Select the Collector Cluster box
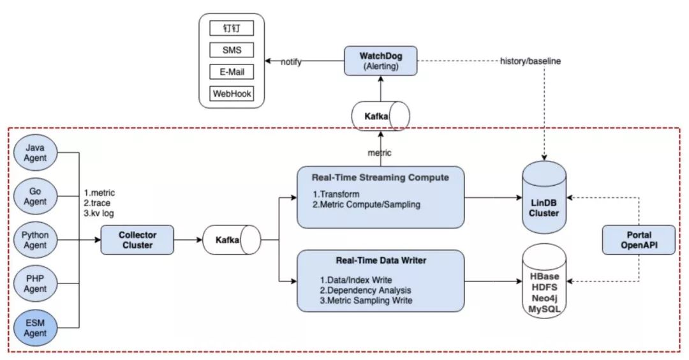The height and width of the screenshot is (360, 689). coord(137,241)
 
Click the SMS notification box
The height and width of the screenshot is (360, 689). coord(231,50)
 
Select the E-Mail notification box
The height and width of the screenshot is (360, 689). coord(231,72)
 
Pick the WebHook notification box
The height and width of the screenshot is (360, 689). coord(231,94)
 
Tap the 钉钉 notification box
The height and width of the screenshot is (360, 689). coord(231,28)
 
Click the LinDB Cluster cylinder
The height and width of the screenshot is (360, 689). coord(544,200)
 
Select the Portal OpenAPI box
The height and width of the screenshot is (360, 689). coord(639,239)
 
